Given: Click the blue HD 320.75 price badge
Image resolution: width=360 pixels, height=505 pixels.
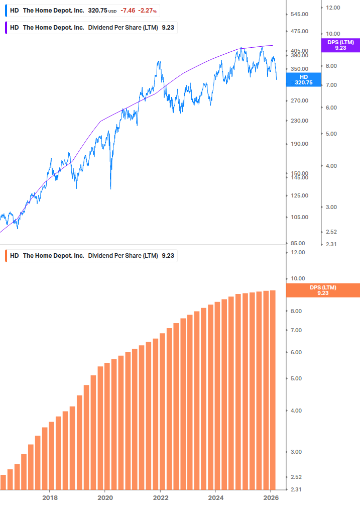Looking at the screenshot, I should [303, 79].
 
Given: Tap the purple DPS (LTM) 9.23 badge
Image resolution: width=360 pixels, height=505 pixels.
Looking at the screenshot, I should [340, 45].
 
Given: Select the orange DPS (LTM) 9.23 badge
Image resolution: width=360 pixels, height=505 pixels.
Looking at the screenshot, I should [322, 290].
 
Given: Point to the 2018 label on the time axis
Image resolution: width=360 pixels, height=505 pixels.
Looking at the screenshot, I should [49, 497].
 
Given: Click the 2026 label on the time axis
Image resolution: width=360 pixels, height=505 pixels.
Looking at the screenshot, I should [270, 497].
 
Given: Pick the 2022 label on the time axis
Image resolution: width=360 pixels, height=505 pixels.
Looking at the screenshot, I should [160, 497].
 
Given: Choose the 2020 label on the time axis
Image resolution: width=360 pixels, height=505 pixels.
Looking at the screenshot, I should [105, 497].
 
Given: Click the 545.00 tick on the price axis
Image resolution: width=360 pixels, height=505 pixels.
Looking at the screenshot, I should [299, 14].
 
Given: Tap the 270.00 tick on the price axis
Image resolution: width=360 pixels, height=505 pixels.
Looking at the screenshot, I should [299, 100].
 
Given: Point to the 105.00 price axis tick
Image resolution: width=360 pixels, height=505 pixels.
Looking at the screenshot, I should [299, 217].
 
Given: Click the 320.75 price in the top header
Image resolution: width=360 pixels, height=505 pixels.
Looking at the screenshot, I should [97, 11].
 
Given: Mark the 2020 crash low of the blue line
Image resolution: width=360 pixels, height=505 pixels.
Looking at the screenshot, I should [110, 189].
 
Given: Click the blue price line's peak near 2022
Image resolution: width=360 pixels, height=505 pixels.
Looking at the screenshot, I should [159, 62].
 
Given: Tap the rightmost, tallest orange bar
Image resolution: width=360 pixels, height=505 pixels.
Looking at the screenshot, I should [273, 389].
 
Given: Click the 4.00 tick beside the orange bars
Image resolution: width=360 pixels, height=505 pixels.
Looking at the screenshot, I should [297, 411].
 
